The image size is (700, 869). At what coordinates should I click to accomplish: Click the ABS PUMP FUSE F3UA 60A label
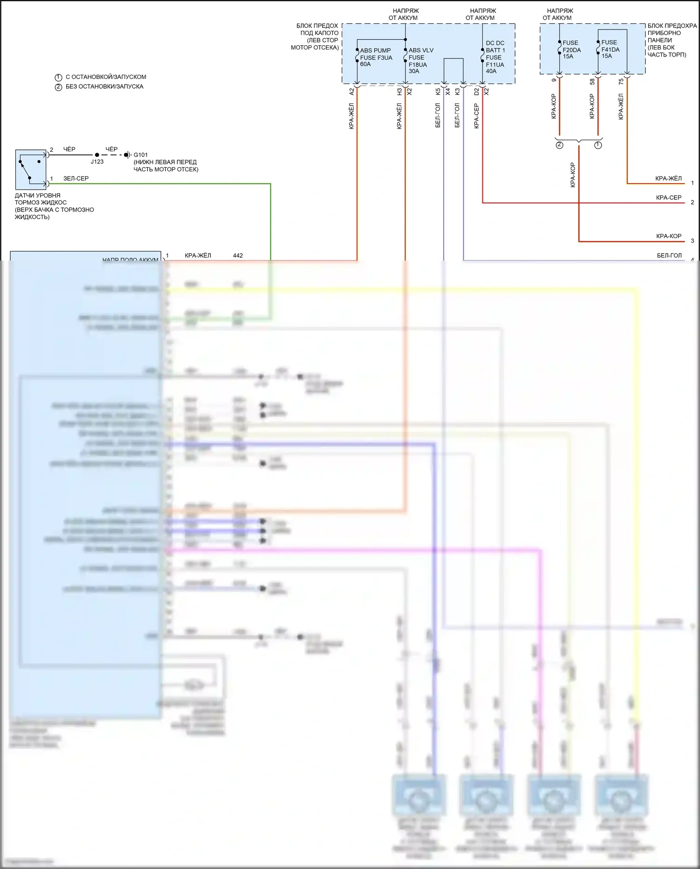376,57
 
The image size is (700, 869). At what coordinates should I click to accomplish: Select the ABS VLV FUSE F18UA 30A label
420,61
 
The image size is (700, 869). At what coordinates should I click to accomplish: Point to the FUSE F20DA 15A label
571,49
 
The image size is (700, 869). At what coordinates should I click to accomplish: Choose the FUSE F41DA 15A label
610,49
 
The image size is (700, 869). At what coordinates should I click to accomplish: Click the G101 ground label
140,155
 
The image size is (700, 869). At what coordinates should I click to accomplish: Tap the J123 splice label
97,162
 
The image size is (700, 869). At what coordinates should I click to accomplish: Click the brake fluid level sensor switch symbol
30,169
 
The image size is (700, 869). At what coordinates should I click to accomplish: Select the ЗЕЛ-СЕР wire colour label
76,178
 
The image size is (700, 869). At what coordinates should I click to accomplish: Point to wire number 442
238,255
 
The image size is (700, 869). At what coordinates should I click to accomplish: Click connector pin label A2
352,92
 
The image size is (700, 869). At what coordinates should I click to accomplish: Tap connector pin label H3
399,92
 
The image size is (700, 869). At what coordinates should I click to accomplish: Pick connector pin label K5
438,92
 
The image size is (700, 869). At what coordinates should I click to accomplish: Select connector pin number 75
621,81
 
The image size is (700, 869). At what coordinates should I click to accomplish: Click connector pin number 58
592,81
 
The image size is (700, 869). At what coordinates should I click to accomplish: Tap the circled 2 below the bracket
560,145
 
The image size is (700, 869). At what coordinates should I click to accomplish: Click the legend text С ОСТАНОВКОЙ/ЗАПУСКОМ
106,77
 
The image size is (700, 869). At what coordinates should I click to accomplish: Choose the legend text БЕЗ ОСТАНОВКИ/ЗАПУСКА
105,86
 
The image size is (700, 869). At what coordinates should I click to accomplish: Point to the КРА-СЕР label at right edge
668,198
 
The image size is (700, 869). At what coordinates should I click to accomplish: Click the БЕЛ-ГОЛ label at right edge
669,255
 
